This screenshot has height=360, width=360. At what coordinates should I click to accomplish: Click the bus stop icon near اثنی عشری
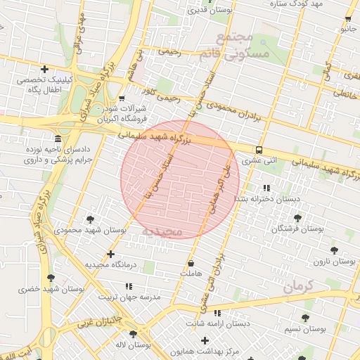point(259,150)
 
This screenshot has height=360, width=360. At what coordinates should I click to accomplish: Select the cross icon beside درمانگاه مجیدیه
point(110,254)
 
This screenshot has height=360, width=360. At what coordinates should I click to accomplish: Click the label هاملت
point(191,273)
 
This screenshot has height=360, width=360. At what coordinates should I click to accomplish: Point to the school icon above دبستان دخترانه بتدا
point(266,188)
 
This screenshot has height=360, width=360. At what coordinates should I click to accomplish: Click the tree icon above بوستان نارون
point(334,250)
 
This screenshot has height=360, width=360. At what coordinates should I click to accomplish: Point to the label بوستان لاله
point(134,345)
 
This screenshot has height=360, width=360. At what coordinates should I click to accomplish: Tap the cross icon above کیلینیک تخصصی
point(45,69)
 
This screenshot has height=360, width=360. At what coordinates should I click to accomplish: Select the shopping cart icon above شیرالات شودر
point(122,98)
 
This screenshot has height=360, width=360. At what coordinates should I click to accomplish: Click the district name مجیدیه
point(162,231)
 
